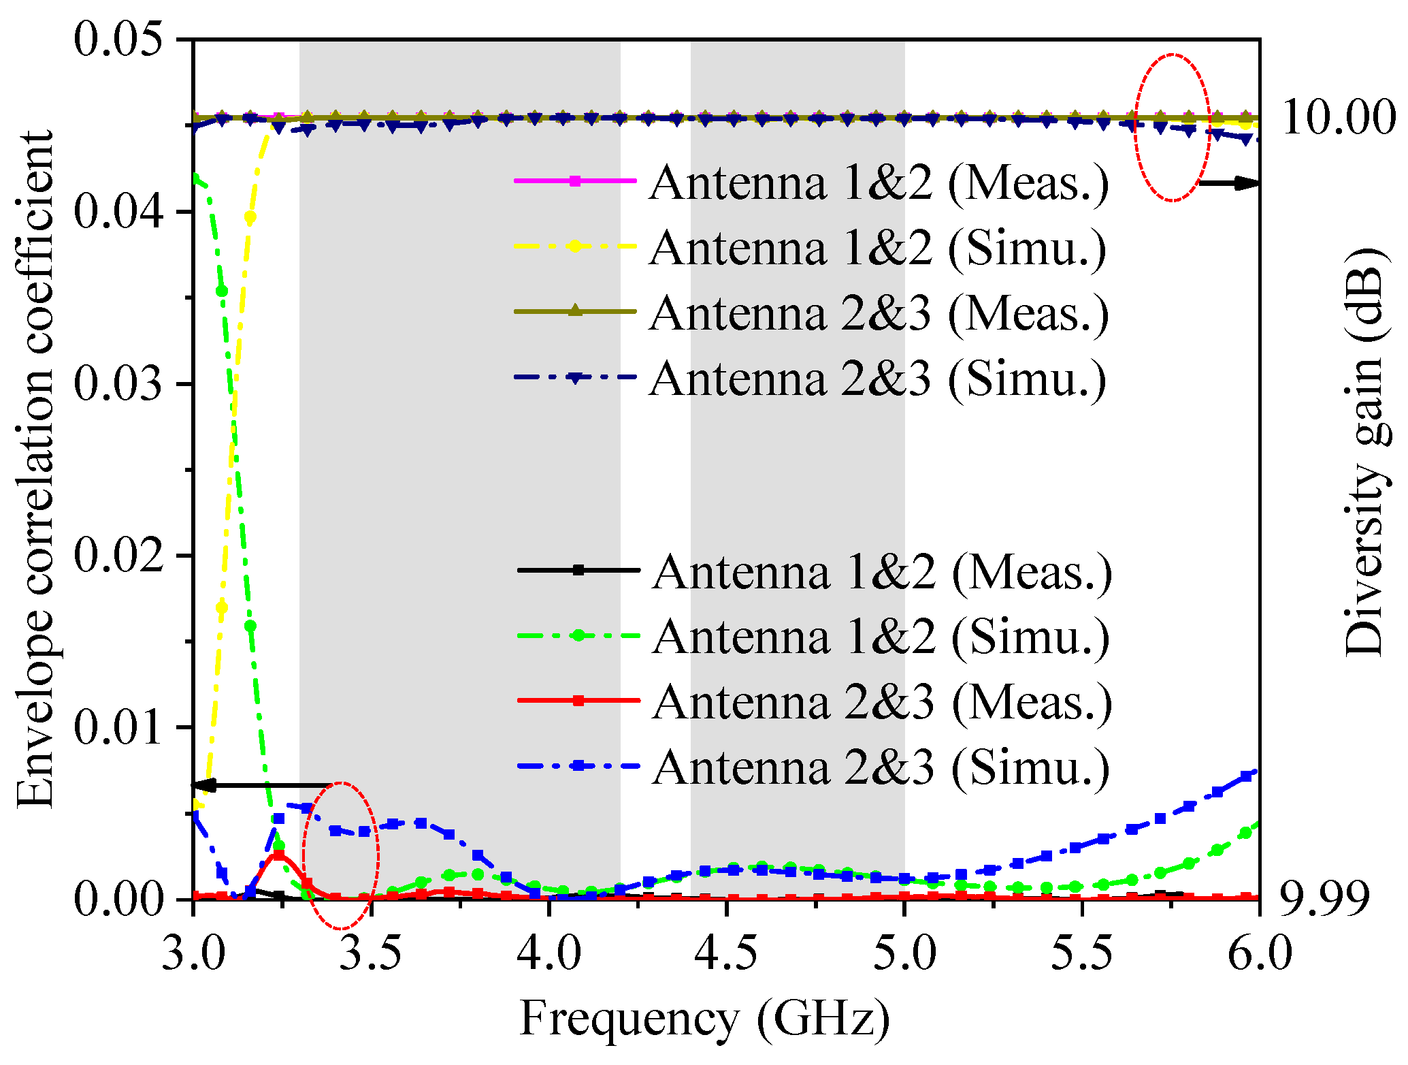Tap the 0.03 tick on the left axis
[120, 383]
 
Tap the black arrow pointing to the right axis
[1228, 182]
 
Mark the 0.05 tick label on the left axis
[120, 39]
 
